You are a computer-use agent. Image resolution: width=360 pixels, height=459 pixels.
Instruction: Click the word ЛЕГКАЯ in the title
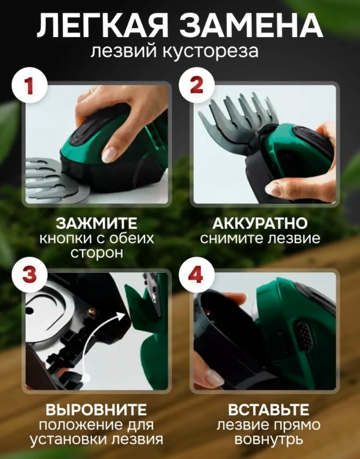coord(102,25)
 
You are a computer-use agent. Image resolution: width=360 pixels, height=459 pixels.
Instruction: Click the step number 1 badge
coord(29,85)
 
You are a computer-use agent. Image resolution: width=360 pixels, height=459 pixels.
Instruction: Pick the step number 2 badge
coord(197,85)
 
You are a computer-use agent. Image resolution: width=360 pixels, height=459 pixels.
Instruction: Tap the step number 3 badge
coord(29,274)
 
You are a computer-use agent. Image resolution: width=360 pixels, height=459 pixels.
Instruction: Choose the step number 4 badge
coord(197,274)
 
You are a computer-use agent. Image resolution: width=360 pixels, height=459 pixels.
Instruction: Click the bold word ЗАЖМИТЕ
coord(97,224)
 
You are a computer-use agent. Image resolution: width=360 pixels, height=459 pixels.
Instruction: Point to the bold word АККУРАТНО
coord(260,224)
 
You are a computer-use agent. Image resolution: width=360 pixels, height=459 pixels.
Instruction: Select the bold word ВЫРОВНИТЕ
coord(96,410)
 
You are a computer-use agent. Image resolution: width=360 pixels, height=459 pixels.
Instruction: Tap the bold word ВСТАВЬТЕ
coord(268,410)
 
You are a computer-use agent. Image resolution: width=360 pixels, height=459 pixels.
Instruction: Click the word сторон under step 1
coord(97,253)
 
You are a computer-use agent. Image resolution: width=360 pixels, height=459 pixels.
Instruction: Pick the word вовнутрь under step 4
coord(268,440)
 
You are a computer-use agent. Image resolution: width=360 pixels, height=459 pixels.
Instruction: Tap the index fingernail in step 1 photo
coord(110,155)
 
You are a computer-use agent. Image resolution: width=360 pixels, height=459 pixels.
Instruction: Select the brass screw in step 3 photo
coord(93,312)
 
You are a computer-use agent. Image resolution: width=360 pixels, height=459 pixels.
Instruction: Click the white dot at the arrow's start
coord(86,378)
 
